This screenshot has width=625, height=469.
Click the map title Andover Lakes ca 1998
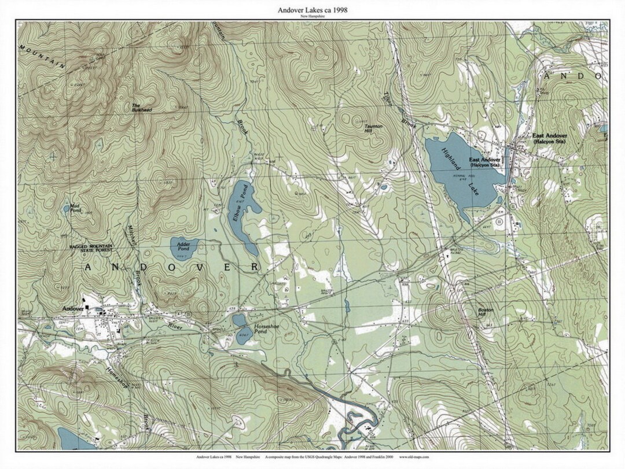312,10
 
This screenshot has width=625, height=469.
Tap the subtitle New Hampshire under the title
312,17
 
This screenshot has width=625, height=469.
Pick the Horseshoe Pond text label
267,330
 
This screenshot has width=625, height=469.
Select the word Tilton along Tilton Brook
388,99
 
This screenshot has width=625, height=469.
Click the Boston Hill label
486,312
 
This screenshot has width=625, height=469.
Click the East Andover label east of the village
549,136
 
